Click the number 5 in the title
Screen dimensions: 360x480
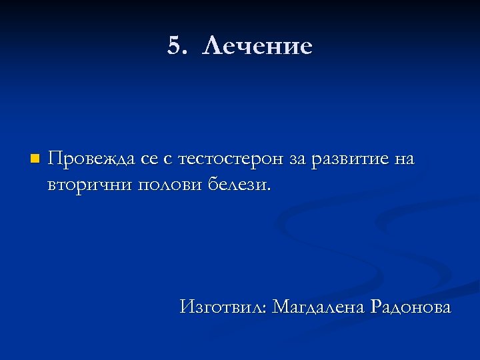[174, 47]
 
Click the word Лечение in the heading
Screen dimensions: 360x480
[257, 47]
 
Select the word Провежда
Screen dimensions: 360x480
[92, 160]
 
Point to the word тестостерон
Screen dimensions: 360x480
[235, 160]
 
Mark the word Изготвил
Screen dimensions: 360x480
[222, 307]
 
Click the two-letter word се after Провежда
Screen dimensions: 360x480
[149, 160]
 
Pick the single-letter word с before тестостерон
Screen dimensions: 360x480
[167, 160]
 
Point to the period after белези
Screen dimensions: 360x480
[269, 189]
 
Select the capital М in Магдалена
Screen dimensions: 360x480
[282, 307]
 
